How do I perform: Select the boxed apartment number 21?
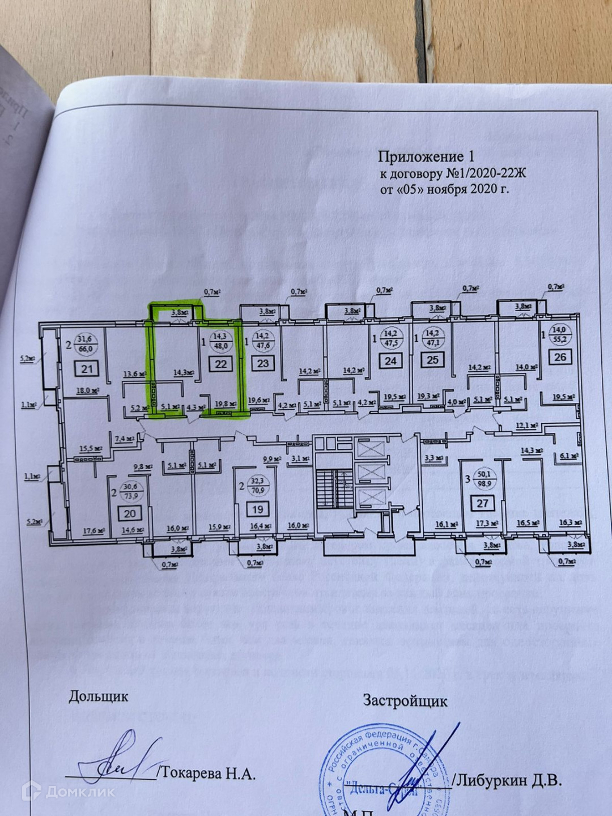87,369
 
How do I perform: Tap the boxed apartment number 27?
482,503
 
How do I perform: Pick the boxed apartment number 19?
258,509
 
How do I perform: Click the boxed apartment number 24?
390,360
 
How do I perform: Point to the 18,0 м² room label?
88,390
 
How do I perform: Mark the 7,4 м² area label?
124,439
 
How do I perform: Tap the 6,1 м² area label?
568,455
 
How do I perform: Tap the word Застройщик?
405,701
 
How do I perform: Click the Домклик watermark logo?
69,791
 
